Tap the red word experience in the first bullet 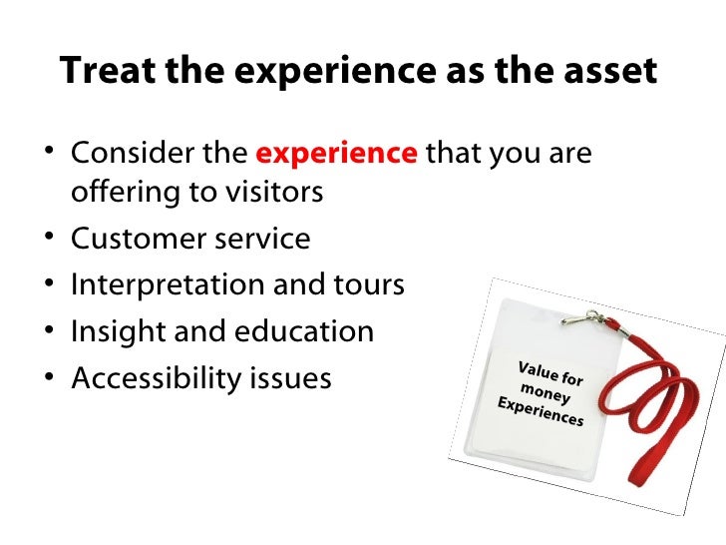[x=337, y=155]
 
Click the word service [x=262, y=240]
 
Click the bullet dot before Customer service [x=52, y=240]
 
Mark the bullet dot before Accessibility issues [x=52, y=378]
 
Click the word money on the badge [x=545, y=389]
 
